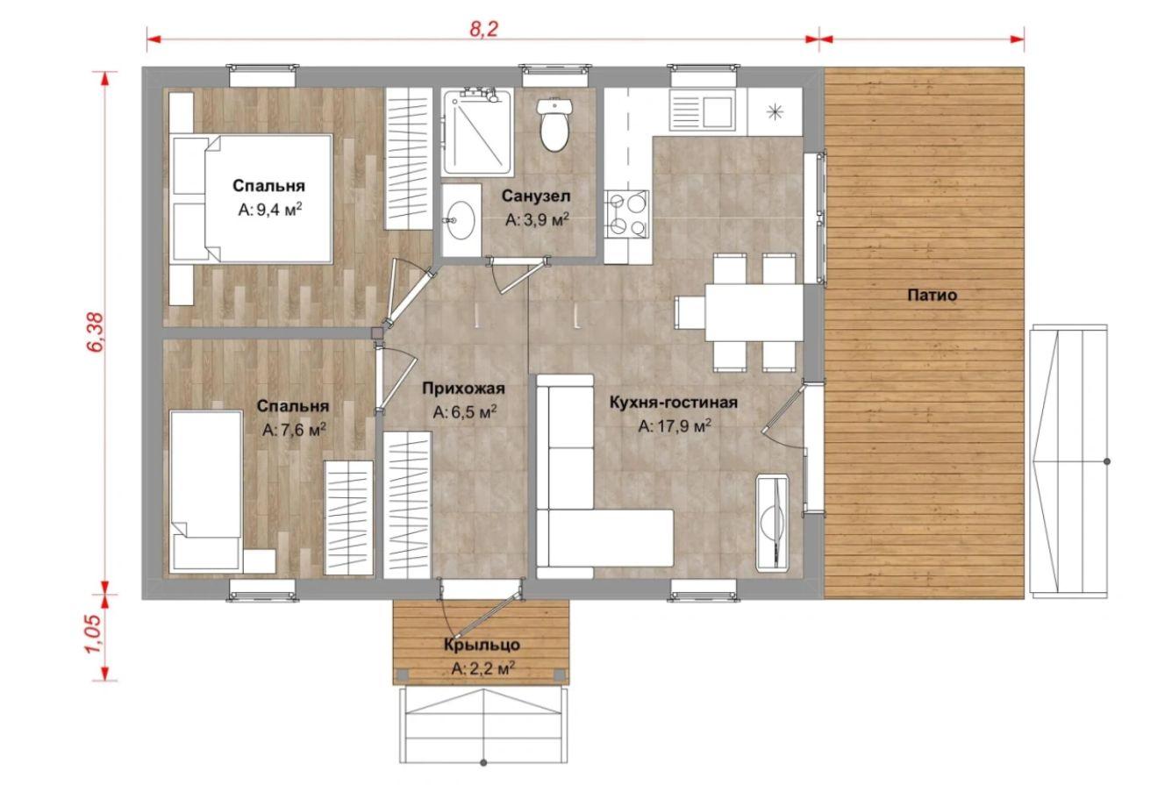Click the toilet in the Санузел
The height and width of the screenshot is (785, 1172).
[x=554, y=124]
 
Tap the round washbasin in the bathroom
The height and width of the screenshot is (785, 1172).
[x=461, y=220]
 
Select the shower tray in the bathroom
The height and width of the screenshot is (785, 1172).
[x=476, y=132]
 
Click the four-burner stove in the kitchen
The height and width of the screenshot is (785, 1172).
[x=626, y=214]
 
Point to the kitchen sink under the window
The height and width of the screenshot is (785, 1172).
[x=703, y=110]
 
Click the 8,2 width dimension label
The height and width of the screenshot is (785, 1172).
[x=484, y=29]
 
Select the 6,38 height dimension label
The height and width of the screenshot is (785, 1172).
[x=97, y=332]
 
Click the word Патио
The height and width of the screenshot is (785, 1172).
[x=932, y=296]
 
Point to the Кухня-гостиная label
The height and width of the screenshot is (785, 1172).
[x=674, y=403]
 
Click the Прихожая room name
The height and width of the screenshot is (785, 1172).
[x=463, y=389]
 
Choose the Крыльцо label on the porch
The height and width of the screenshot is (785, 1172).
[x=482, y=645]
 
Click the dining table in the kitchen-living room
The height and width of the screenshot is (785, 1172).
[x=754, y=312]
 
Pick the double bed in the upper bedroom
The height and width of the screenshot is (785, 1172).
[x=251, y=199]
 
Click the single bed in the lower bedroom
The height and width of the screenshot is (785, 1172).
[x=207, y=490]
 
